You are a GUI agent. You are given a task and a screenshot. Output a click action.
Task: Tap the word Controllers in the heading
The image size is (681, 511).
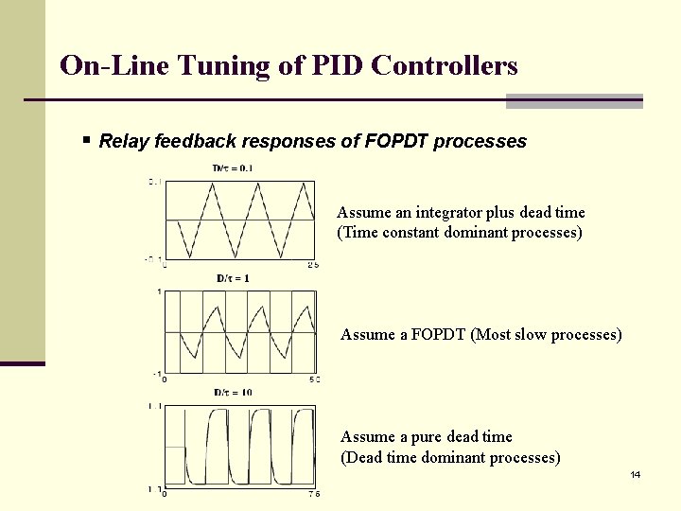coord(445,65)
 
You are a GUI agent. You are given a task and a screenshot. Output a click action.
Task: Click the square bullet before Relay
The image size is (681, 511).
coord(86,141)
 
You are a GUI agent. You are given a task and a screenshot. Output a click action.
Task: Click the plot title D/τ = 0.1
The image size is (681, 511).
coord(232,168)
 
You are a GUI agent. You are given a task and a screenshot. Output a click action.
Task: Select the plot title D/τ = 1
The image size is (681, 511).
coord(233,278)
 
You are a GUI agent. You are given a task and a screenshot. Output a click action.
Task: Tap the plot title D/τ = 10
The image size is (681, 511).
coord(233,392)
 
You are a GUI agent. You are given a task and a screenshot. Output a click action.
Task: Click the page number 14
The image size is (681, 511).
coord(635,474)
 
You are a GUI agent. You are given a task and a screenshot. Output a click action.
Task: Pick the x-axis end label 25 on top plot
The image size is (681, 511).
coord(314,265)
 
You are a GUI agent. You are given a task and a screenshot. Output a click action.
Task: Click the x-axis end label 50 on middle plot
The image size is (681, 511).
coord(315,379)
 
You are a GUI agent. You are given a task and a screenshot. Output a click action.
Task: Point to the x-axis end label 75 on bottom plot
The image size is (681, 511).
coord(314,493)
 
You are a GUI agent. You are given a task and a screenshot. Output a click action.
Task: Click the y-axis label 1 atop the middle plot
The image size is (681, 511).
coord(158,291)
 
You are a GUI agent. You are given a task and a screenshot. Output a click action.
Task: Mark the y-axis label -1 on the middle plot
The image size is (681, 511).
coord(156,373)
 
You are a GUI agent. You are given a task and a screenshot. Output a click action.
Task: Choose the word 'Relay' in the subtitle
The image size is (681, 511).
coord(121,142)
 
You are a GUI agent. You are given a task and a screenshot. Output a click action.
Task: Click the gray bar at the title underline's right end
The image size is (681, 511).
coord(574,100)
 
